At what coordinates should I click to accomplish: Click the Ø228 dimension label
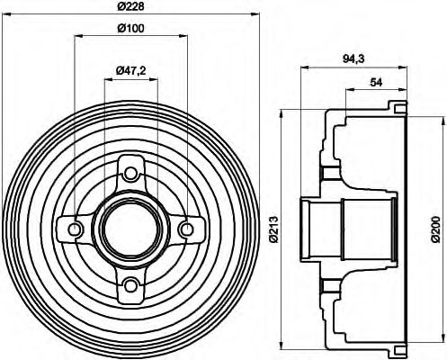click(x=131, y=8)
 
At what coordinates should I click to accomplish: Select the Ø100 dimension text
click(x=131, y=28)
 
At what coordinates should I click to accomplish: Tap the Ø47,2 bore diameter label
click(x=131, y=70)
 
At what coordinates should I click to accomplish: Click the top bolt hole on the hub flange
click(x=131, y=173)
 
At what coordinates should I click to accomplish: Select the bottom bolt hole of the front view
click(x=131, y=285)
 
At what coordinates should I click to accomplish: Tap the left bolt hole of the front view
click(x=75, y=229)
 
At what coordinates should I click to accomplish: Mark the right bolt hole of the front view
click(x=187, y=229)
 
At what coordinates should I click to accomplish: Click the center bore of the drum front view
click(x=131, y=229)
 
